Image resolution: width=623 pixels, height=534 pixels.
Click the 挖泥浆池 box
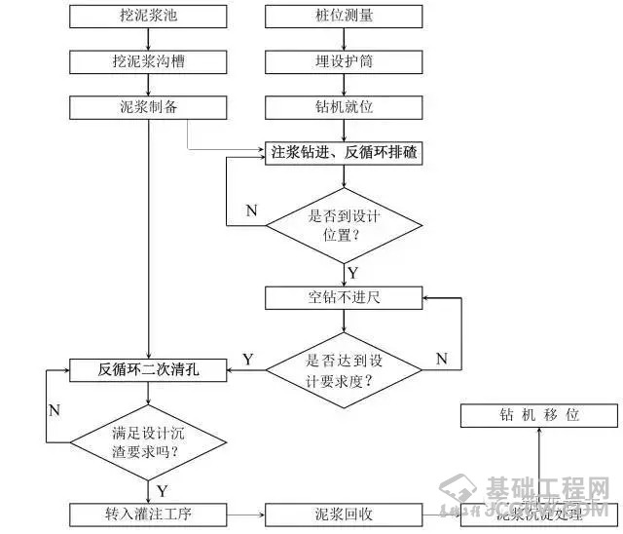click(x=148, y=16)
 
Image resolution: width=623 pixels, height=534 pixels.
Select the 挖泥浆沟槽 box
click(x=148, y=60)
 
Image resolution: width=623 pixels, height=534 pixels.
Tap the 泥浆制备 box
click(x=148, y=106)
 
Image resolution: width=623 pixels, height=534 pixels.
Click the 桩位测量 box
click(x=345, y=16)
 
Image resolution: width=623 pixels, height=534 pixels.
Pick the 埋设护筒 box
click(x=345, y=60)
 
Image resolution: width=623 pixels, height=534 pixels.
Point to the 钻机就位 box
click(x=345, y=106)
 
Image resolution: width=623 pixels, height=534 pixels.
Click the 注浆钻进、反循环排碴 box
click(x=345, y=152)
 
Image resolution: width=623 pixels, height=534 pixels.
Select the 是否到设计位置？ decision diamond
click(x=345, y=225)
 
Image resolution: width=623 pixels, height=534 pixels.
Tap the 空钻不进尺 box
click(x=345, y=296)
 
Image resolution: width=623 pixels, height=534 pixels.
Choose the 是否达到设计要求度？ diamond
click(x=345, y=368)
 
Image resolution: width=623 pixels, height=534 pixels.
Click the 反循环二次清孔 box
click(x=148, y=368)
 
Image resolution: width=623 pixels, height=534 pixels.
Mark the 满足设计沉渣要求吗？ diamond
click(x=148, y=442)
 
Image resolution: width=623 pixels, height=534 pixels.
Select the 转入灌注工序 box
click(x=148, y=514)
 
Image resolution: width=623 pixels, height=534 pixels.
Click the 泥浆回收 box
click(x=345, y=514)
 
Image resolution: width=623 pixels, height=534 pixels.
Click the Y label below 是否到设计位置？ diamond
click(x=351, y=272)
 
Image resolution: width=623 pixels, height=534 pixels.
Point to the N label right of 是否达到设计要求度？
click(x=441, y=360)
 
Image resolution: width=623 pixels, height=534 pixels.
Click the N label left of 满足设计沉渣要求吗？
click(x=55, y=409)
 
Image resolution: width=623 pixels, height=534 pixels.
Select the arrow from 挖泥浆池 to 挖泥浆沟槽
click(x=148, y=38)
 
